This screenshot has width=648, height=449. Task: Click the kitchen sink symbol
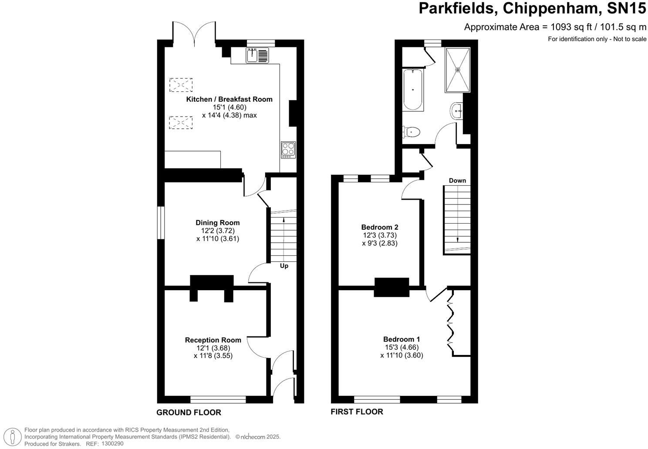pyautogui.click(x=257, y=56)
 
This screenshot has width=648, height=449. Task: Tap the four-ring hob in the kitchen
pyautogui.click(x=288, y=150)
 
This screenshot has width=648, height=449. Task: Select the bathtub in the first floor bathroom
pyautogui.click(x=413, y=90)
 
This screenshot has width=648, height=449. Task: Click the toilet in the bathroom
pyautogui.click(x=412, y=132)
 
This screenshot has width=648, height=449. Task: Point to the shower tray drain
pyautogui.click(x=458, y=70)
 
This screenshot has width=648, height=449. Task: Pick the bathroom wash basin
pyautogui.click(x=456, y=111)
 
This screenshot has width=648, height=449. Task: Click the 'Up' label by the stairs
pyautogui.click(x=284, y=266)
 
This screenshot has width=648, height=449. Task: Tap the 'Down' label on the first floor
pyautogui.click(x=457, y=181)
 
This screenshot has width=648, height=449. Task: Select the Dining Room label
pyautogui.click(x=218, y=223)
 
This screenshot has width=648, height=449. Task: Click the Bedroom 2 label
pyautogui.click(x=380, y=227)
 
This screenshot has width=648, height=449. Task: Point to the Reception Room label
pyautogui.click(x=213, y=340)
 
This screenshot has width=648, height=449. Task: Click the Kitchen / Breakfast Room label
pyautogui.click(x=229, y=99)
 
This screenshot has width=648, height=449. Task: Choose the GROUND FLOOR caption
pyautogui.click(x=189, y=412)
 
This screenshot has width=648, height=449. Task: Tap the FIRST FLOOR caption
pyautogui.click(x=357, y=412)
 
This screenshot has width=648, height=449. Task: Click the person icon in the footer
pyautogui.click(x=13, y=436)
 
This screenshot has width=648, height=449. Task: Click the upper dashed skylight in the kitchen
pyautogui.click(x=181, y=85)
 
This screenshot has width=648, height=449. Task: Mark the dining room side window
pyautogui.click(x=161, y=223)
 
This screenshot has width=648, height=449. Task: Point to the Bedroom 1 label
pyautogui.click(x=402, y=339)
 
